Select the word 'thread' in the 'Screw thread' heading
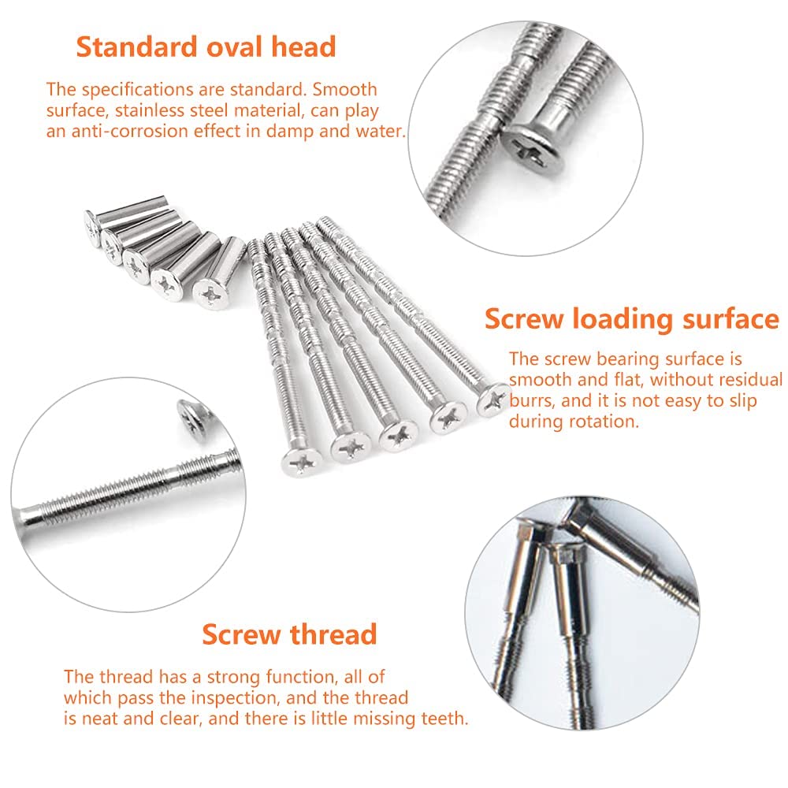(331, 634)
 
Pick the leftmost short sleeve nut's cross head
(92, 225)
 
